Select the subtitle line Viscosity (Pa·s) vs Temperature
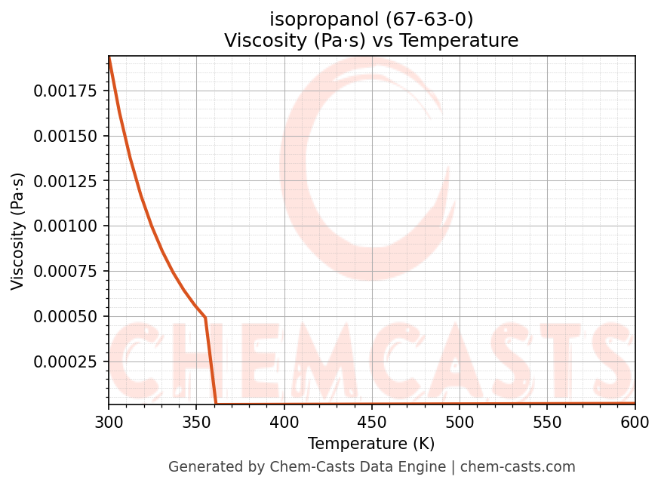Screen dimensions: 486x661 pos(371,41)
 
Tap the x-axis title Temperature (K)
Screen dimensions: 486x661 pos(371,444)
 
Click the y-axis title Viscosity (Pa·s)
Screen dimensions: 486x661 pos(18,231)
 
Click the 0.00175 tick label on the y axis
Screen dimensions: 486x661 pos(66,91)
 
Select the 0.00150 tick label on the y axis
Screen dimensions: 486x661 pos(66,136)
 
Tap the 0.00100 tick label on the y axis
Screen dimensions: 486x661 pos(66,226)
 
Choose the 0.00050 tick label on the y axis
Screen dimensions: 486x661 pos(66,316)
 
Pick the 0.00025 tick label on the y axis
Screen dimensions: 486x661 pos(66,361)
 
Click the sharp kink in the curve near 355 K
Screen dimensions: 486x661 pos(205,318)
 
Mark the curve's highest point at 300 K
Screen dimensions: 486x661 pos(109,58)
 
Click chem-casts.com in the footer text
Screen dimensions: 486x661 pos(518,467)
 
